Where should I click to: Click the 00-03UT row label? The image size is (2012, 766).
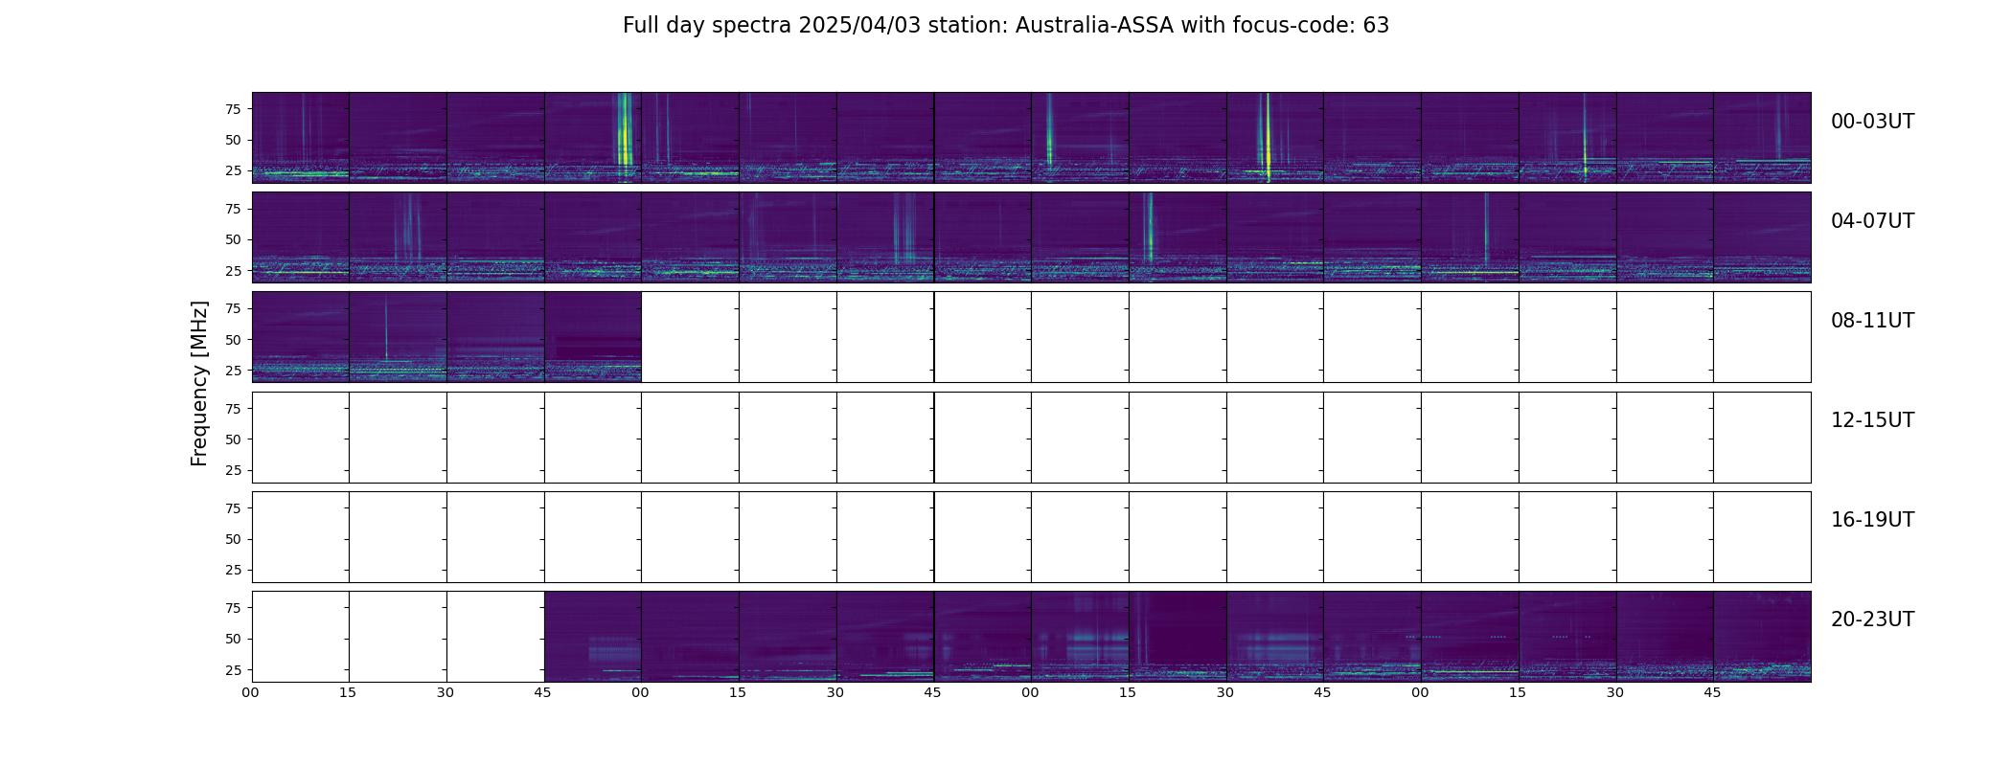coord(1872,122)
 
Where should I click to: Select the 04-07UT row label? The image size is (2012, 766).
coord(1872,221)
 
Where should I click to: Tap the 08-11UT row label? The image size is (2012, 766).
coord(1872,321)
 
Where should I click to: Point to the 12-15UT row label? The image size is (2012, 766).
coord(1872,420)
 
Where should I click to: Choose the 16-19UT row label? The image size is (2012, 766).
coord(1872,520)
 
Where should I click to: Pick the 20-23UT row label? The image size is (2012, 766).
coord(1872,620)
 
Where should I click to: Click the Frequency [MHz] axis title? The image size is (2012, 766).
coord(199,383)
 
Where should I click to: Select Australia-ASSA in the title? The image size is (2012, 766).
coord(1094,26)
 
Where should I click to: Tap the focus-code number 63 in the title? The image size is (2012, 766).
coord(1376,26)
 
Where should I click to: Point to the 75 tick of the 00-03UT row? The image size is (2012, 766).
coord(232,109)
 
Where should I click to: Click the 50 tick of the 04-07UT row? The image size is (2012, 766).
coord(232,240)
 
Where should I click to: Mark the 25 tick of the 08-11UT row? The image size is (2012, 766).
coord(232,371)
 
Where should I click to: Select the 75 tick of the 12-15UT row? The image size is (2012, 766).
coord(232,409)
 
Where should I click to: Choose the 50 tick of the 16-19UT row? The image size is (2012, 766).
coord(232,539)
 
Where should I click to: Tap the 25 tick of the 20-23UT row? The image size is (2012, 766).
coord(232,670)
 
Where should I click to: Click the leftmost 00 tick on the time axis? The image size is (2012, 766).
coord(251,692)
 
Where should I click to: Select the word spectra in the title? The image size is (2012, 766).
coord(761,26)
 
